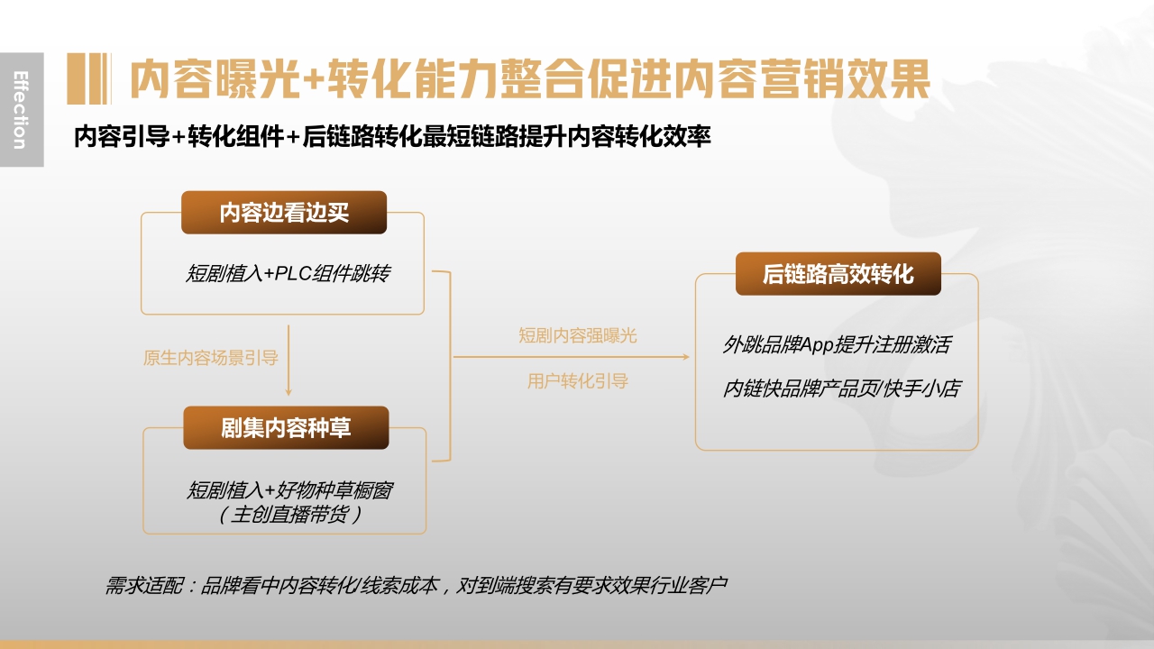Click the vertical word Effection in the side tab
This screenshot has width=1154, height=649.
tap(20, 109)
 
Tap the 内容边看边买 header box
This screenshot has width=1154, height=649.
tap(284, 213)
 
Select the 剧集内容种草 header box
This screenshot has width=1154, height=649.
tap(286, 428)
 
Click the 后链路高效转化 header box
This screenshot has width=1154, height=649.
tap(838, 274)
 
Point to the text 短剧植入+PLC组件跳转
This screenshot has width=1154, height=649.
tap(288, 274)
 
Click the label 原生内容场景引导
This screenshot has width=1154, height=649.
tap(211, 358)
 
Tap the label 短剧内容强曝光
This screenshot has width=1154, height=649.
tap(577, 336)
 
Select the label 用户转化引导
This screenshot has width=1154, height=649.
tap(577, 381)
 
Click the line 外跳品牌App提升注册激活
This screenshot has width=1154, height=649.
tap(836, 344)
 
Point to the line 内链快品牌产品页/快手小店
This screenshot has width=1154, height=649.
tap(841, 388)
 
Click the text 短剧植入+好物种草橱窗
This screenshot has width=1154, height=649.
tap(289, 490)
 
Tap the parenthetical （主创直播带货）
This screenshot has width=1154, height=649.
tap(289, 515)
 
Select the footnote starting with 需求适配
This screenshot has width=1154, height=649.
tap(416, 586)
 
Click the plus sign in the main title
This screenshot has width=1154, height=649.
tap(313, 80)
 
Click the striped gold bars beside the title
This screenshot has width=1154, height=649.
tap(88, 79)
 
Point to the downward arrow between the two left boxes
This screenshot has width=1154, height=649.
tap(288, 361)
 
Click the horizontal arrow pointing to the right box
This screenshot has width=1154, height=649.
tap(572, 358)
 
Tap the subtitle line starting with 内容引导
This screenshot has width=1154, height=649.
tap(392, 137)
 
